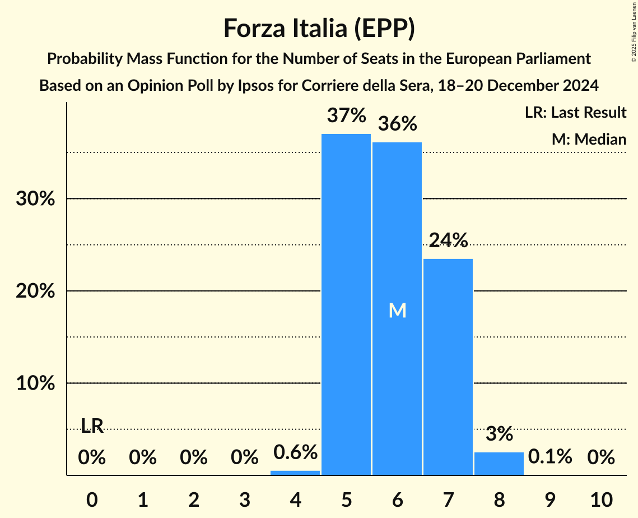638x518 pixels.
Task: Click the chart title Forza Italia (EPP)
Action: coord(319,28)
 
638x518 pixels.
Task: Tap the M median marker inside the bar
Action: coord(397,311)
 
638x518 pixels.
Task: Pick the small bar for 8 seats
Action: coord(499,464)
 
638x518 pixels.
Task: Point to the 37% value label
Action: coord(346,116)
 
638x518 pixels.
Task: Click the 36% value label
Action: coord(397,124)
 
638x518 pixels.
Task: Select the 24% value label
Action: coord(448,240)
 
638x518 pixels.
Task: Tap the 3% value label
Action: coord(499,433)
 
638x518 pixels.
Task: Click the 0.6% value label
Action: coord(295,452)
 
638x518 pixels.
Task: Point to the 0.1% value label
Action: coord(550,457)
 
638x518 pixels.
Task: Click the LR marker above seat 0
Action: coord(92,426)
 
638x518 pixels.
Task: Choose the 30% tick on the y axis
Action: coord(35,199)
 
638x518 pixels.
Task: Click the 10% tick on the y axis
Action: coord(35,383)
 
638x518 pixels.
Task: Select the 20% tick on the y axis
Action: coord(35,292)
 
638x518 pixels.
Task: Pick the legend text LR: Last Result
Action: coord(575,113)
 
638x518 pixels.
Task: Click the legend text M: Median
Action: coord(589,139)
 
